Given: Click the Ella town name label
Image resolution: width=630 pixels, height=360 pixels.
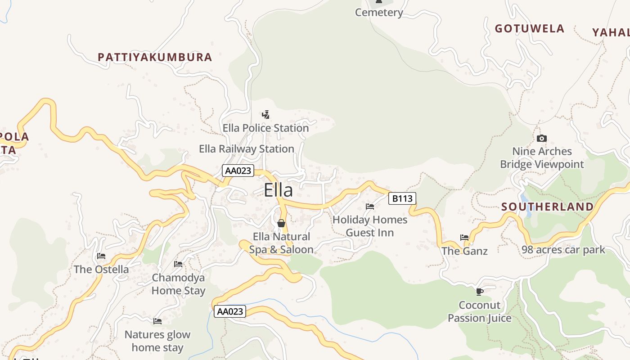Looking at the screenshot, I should tap(278, 190).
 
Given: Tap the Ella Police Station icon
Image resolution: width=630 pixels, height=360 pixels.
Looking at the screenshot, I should tap(266, 114).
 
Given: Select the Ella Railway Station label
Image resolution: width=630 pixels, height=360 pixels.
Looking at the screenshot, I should tap(247, 148).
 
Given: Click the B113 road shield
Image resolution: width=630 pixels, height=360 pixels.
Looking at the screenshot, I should tap(402, 198).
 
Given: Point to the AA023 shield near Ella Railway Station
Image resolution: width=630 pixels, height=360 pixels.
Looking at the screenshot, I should tap(238, 171).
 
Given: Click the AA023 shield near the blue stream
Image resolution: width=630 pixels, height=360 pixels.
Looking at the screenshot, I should tap(229, 311).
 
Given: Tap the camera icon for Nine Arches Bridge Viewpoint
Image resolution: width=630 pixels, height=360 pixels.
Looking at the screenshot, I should tap(542, 138).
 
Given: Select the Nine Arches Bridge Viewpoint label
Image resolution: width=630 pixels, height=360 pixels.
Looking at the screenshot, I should tap(542, 158).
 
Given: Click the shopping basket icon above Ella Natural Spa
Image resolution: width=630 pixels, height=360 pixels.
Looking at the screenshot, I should tap(281, 223).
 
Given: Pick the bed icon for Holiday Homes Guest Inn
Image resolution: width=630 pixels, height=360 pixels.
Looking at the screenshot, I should tap(370, 207).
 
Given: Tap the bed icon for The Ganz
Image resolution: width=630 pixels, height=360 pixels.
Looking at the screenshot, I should tap(464, 238).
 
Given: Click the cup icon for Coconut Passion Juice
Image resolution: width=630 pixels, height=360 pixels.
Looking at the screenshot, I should tap(480, 292).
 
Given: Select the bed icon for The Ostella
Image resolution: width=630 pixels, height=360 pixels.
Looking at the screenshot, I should tap(101, 256).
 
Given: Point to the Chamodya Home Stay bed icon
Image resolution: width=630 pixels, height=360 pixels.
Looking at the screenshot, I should tap(178, 264).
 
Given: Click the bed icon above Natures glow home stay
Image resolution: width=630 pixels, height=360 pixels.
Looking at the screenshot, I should tap(157, 321).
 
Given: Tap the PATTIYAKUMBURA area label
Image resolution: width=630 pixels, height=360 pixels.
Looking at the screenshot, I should tap(155, 57).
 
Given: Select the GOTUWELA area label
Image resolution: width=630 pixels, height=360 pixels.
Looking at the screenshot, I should tap(530, 29).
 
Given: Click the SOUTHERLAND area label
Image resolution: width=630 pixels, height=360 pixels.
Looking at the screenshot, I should tap(547, 207).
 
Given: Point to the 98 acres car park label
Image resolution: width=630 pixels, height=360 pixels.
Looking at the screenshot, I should tap(563, 250).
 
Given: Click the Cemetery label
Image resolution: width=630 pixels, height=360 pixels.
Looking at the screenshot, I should tap(379, 13).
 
